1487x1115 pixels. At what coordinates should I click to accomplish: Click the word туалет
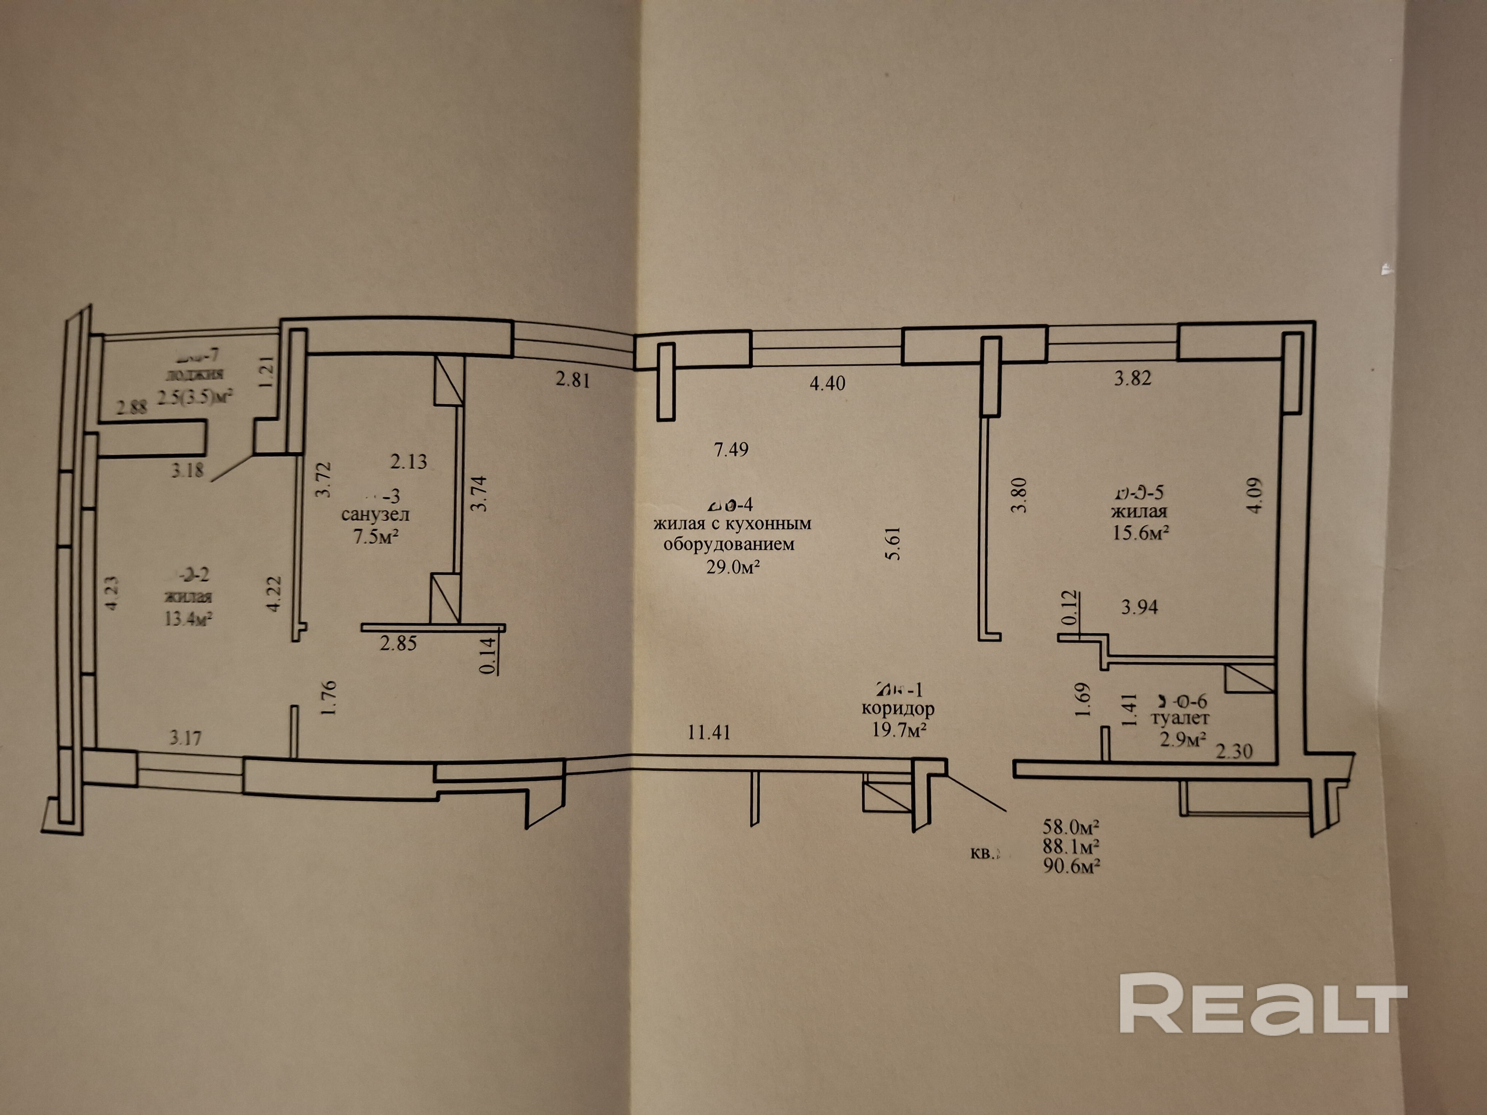(x=1180, y=719)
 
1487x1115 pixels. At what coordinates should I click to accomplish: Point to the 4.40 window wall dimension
(x=827, y=384)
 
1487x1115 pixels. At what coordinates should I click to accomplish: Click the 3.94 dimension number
(x=1139, y=607)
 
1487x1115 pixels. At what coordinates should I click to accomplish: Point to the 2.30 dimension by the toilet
(x=1234, y=751)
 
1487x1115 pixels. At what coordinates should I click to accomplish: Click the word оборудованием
(x=729, y=544)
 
